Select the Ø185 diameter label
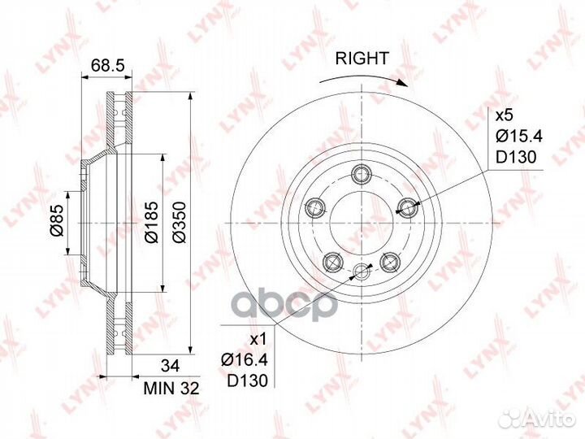[x=152, y=222]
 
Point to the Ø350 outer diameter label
[x=180, y=222]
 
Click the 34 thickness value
[x=171, y=366]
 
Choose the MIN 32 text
[x=171, y=389]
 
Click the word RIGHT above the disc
[x=362, y=59]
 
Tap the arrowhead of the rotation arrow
[x=402, y=83]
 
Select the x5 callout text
[x=505, y=115]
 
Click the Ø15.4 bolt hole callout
[x=519, y=137]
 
